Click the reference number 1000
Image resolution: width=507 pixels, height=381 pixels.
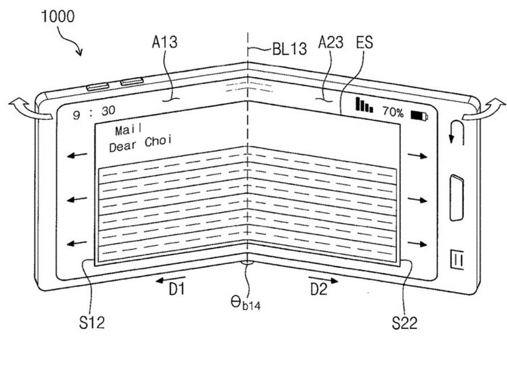point(58,16)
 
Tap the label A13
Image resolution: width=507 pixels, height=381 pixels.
point(165,42)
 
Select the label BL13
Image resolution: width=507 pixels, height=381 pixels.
point(289,49)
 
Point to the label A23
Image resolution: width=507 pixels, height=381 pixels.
point(330,42)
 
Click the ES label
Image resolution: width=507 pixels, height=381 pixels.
point(365,42)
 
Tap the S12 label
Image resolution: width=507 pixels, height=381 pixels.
point(92,322)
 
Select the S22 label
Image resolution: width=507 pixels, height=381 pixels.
point(404,322)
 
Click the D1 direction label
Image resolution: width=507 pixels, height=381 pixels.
point(177,289)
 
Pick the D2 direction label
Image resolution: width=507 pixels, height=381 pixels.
point(319,289)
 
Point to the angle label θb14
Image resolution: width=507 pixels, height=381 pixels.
point(246,303)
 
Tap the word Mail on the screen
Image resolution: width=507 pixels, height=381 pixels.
point(128,130)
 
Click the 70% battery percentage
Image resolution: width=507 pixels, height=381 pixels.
point(393,112)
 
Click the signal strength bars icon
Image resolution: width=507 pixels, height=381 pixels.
point(364,104)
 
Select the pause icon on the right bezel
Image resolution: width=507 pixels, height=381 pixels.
point(457,259)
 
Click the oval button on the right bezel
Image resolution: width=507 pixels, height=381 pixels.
point(456,197)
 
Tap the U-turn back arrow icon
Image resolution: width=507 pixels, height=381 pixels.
point(457,132)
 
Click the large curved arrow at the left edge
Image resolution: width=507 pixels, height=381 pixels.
point(31,110)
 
